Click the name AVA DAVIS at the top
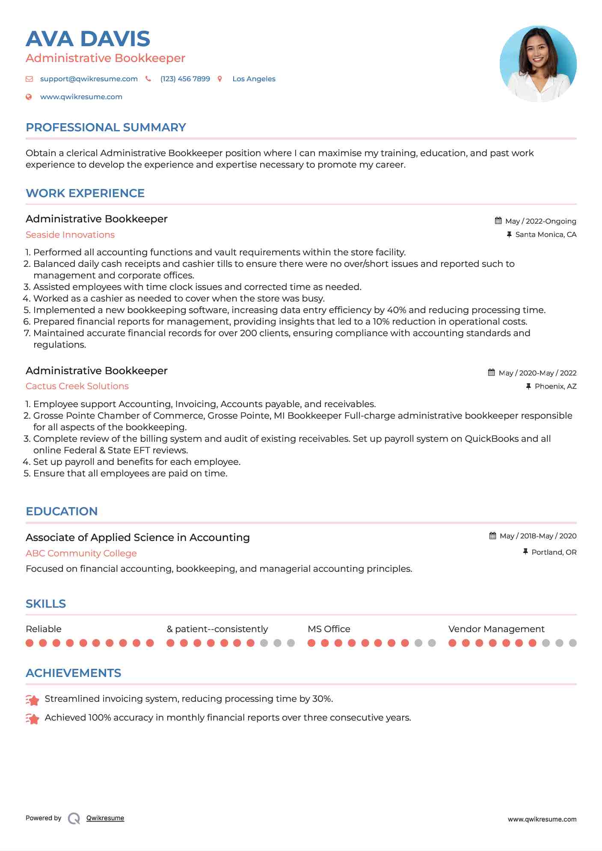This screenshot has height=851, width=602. pos(88,39)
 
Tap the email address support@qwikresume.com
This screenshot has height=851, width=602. pos(89,79)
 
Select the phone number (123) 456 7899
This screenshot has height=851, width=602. pos(185,79)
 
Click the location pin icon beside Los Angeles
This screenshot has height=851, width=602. pos(220,79)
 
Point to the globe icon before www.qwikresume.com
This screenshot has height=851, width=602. pos(29,97)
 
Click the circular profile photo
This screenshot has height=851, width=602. pos(538,64)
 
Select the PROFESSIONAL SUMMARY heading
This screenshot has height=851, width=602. pos(106,127)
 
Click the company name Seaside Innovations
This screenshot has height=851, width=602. pos(70,235)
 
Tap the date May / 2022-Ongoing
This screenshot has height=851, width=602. pos(540,221)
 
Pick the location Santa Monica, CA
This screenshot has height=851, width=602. pos(546,234)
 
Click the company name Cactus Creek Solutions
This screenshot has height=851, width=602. pos(77,386)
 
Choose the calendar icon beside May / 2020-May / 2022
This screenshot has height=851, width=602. pos(492,372)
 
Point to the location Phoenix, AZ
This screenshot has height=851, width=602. pos(555,386)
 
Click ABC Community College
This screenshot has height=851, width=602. pos(81,553)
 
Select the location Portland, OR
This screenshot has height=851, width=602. pos(554,552)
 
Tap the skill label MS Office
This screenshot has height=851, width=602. pos(329,629)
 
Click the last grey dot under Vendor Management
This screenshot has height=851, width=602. pos(572,643)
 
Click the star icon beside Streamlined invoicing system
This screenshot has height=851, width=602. pos(33,700)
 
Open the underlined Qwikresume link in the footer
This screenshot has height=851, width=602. pos(105,818)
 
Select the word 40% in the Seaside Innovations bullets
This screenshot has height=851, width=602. pos(396,310)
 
